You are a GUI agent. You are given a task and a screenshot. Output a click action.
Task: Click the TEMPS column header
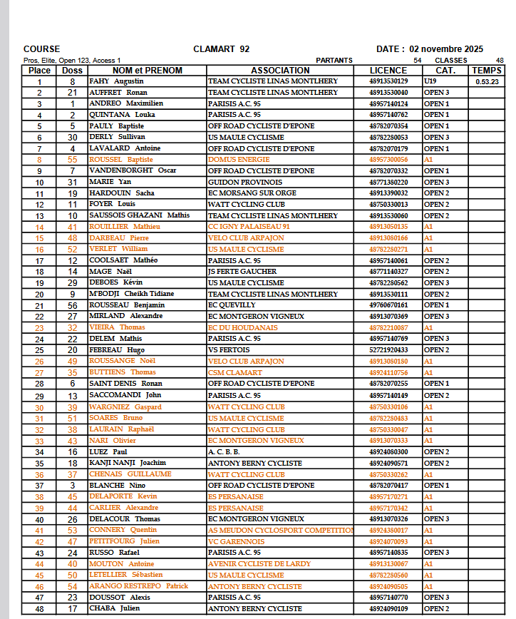click(x=487, y=71)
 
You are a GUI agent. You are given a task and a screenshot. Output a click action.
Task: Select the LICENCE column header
click(x=388, y=71)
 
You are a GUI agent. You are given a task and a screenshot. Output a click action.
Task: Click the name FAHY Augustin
click(x=116, y=81)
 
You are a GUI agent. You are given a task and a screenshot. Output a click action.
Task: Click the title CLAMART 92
click(x=221, y=49)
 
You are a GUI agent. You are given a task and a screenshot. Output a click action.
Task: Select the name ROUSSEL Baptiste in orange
click(x=121, y=160)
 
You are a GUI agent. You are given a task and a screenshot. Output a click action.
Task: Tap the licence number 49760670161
click(x=388, y=305)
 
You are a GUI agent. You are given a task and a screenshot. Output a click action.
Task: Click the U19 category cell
click(x=430, y=81)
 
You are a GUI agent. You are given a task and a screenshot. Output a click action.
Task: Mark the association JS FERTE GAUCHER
click(x=242, y=272)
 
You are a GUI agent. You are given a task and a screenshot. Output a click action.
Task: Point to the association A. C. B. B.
click(x=224, y=451)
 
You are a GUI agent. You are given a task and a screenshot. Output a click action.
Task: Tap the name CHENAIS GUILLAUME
click(x=130, y=474)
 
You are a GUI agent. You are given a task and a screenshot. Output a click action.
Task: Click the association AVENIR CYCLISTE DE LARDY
click(x=259, y=563)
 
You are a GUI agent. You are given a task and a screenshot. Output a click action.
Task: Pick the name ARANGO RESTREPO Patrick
click(x=139, y=586)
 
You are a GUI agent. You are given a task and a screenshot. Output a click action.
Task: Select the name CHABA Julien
click(x=113, y=608)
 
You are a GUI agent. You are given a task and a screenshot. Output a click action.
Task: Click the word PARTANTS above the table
click(x=334, y=61)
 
